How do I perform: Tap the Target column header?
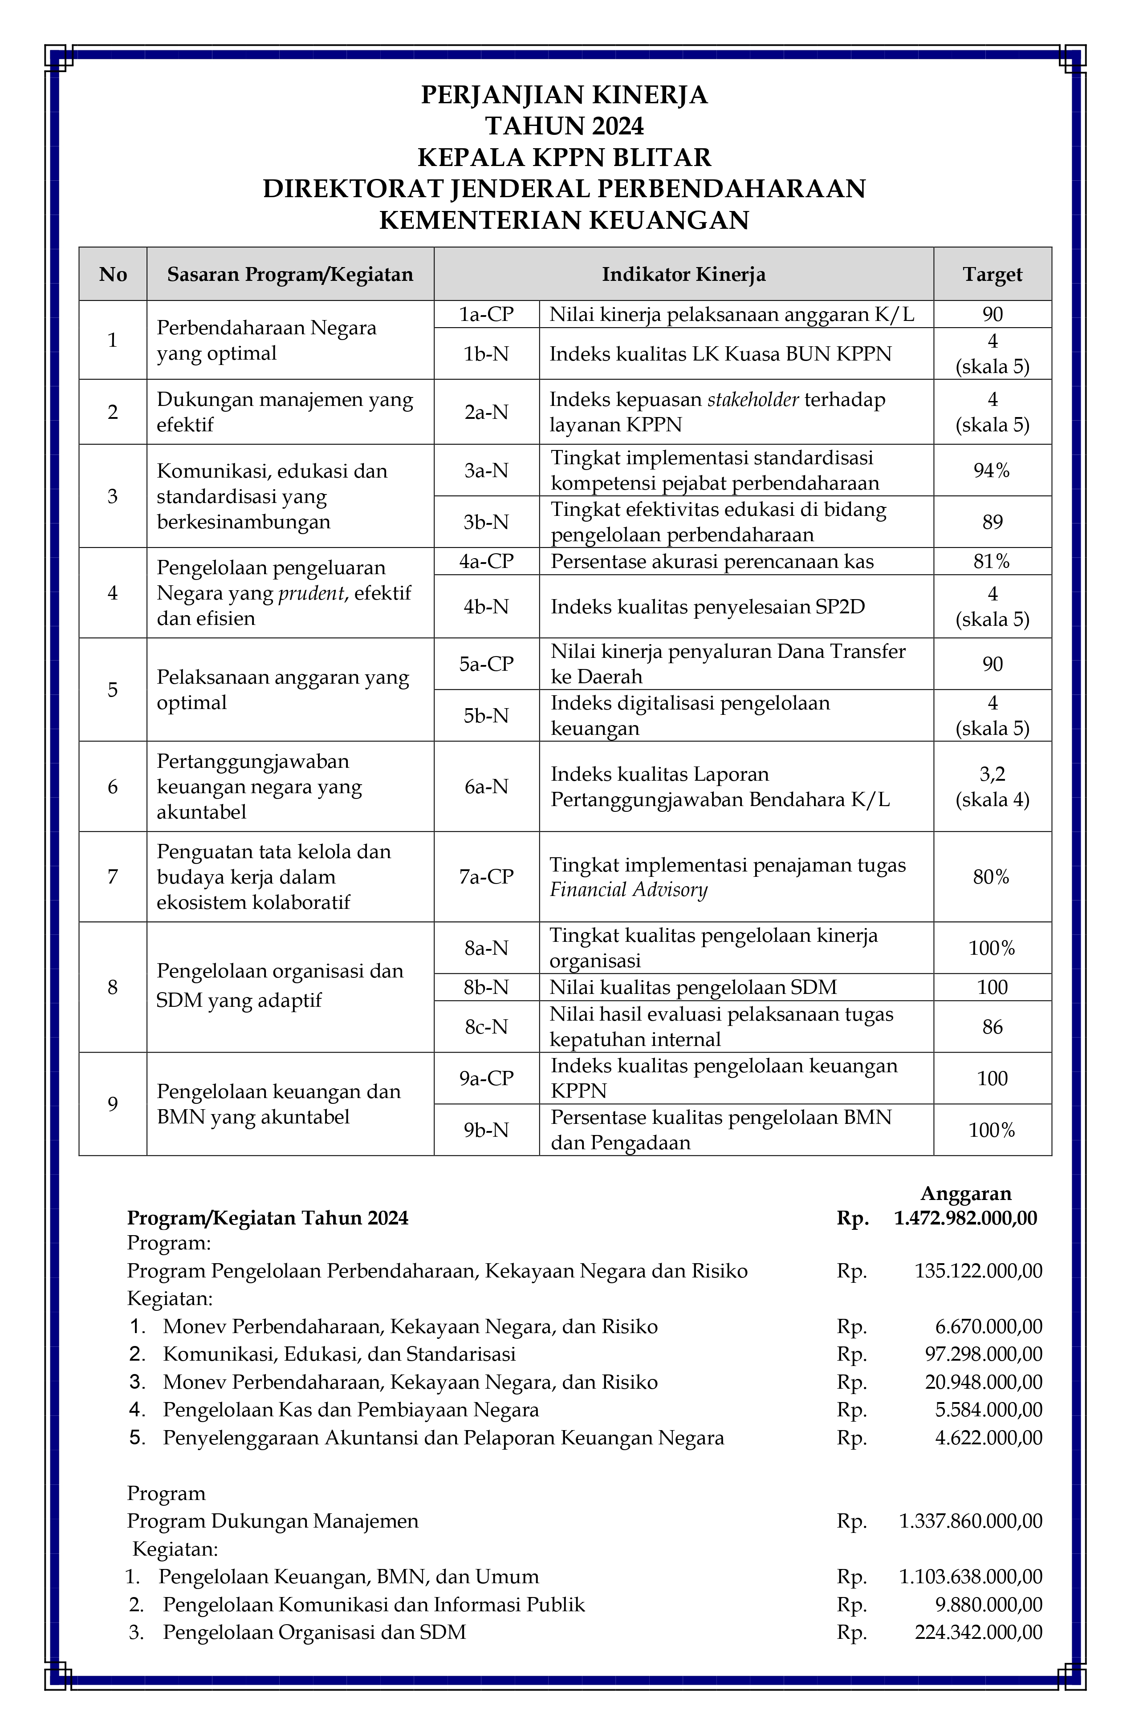[x=992, y=274]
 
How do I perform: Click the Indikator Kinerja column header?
[x=683, y=274]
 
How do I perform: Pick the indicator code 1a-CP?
[x=486, y=314]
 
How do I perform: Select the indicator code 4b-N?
[x=486, y=607]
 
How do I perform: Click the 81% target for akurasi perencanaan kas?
[x=992, y=561]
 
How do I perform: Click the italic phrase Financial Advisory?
[x=629, y=890]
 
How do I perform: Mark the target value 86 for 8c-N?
[x=992, y=1027]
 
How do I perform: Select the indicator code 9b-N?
[x=486, y=1130]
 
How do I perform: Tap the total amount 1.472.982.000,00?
[x=965, y=1218]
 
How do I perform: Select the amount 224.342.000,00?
[x=979, y=1632]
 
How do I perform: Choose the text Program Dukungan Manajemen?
[x=273, y=1520]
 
